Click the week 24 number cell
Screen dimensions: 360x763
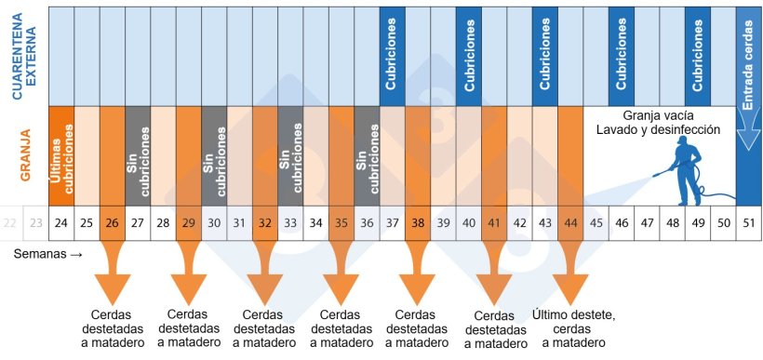(x=61, y=222)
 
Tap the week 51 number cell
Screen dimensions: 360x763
(x=747, y=222)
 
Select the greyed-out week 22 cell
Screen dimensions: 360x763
(x=10, y=222)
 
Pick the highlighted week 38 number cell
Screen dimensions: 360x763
(x=417, y=222)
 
